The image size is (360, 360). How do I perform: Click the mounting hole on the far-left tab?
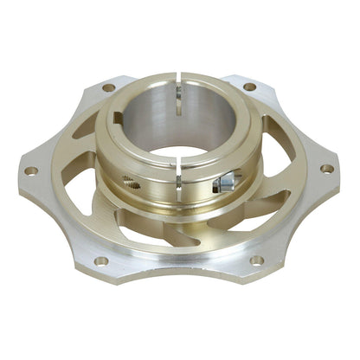pyautogui.click(x=30, y=170)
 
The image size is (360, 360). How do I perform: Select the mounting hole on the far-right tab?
pyautogui.click(x=326, y=168)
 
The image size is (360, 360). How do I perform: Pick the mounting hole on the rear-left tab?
pyautogui.click(x=108, y=87)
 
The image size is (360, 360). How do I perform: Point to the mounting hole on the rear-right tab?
pyautogui.click(x=249, y=86)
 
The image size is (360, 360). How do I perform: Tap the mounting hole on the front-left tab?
pyautogui.click(x=100, y=260)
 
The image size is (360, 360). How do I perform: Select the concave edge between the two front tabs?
pyautogui.click(x=178, y=275)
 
